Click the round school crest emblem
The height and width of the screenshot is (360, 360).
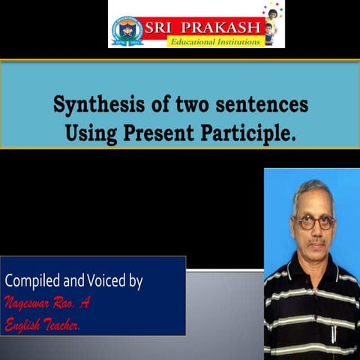pyautogui.click(x=127, y=31)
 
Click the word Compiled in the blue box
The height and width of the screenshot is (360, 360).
pyautogui.click(x=34, y=282)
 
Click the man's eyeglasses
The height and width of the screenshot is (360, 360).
pyautogui.click(x=316, y=222)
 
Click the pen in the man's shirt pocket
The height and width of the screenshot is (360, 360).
pyautogui.click(x=335, y=330)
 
